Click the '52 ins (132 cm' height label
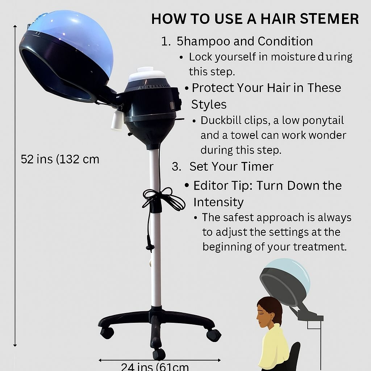coord(60,159)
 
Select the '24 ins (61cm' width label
coord(155,366)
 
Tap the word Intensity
coord(218,202)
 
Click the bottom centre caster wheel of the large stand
coord(159,353)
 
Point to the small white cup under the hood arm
coord(117,120)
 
